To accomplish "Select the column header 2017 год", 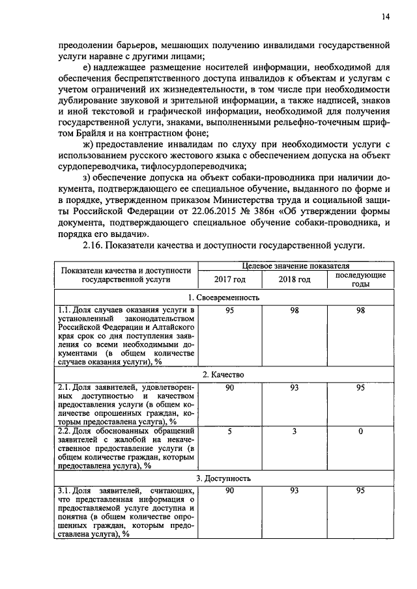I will click(x=229, y=279).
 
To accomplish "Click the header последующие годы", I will click(x=360, y=279).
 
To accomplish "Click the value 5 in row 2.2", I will click(x=229, y=431).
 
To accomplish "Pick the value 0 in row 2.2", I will click(x=360, y=431).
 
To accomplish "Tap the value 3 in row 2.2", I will click(x=295, y=431).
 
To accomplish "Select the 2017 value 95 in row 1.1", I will click(x=229, y=310).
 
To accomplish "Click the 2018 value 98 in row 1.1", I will click(x=295, y=310).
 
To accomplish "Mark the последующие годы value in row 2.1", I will click(x=360, y=388).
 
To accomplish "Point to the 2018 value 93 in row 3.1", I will click(x=295, y=491).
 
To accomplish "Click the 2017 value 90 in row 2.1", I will click(x=229, y=388).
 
